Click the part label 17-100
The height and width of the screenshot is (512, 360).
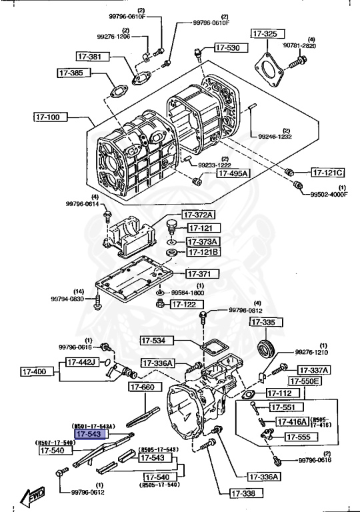click(49, 117)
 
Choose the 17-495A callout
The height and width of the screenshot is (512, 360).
click(232, 173)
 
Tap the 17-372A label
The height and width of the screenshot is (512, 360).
click(200, 215)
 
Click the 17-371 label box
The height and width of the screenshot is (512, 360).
click(198, 274)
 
